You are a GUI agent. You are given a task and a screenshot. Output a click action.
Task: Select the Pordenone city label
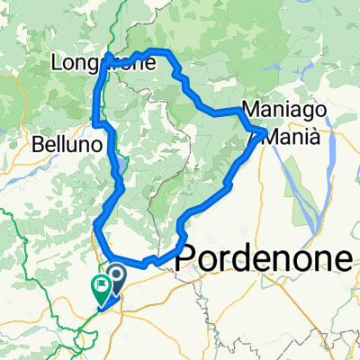click(267, 257)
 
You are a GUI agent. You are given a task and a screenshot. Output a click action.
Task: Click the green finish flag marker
click(99, 287)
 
